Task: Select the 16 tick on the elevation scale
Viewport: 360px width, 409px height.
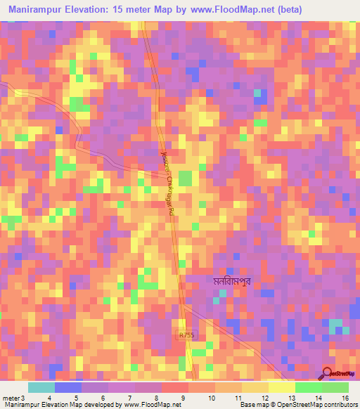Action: tap(347, 397)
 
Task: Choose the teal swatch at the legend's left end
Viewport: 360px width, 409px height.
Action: tap(41, 387)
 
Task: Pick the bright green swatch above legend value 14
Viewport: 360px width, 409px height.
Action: tap(309, 387)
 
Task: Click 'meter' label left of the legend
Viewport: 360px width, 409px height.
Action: tap(9, 397)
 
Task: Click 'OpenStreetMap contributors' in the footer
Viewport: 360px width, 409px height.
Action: tap(316, 405)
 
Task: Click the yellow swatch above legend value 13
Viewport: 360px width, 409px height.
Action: tap(282, 387)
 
